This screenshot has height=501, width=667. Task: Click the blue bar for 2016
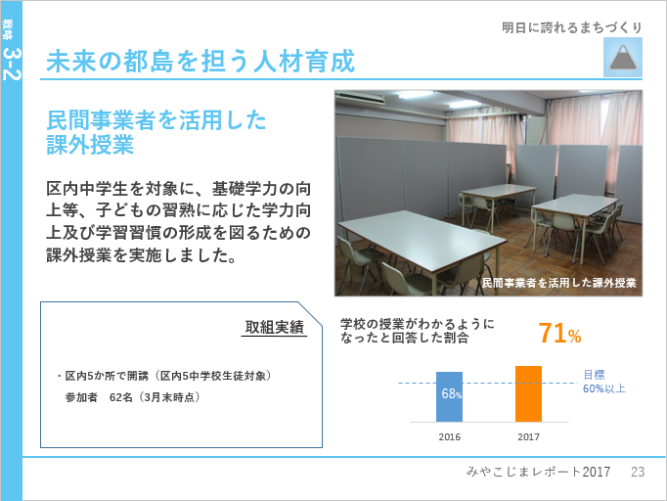(x=449, y=396)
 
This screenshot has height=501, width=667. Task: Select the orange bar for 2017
(x=528, y=393)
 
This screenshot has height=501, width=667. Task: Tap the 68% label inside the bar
(x=451, y=393)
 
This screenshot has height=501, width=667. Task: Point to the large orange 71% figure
(x=559, y=334)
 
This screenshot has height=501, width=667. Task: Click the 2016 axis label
(x=450, y=437)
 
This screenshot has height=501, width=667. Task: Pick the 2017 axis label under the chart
(x=528, y=437)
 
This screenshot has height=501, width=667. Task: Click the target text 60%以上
(x=604, y=388)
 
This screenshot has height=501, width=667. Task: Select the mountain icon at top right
(x=623, y=58)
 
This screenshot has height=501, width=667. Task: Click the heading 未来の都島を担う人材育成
(x=200, y=62)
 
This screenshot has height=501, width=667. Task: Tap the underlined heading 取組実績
(x=275, y=328)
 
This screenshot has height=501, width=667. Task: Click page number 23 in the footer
(x=638, y=472)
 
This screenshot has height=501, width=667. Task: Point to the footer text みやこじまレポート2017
(x=538, y=472)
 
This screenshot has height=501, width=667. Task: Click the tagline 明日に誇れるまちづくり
(x=572, y=27)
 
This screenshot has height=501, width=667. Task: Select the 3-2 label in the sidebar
(x=12, y=64)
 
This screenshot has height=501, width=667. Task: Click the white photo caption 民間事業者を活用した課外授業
(x=559, y=283)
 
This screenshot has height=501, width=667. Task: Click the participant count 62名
(x=121, y=397)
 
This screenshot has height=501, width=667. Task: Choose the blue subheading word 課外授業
(x=90, y=145)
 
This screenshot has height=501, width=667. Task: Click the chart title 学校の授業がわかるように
(x=418, y=324)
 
